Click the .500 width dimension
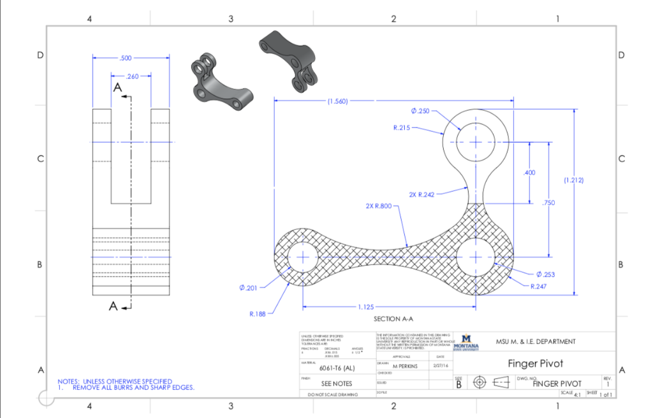coord(125,58)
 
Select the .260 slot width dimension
coord(133,76)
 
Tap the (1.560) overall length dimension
coord(337,101)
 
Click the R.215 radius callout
coord(402,127)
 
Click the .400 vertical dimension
coord(529,173)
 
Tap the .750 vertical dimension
coord(548,203)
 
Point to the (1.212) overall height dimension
coord(575,180)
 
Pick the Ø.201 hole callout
coord(247,289)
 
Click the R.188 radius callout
coord(258,313)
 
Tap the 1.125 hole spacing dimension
coord(367,307)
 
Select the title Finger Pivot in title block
coord(535,364)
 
